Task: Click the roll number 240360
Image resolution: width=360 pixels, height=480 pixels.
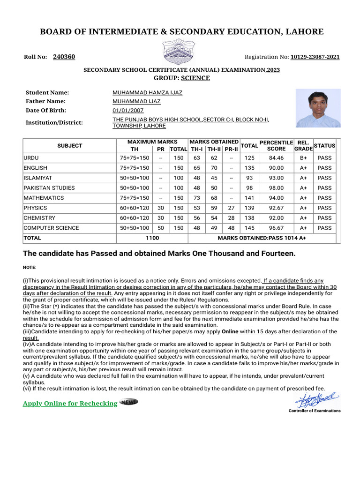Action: click(64, 57)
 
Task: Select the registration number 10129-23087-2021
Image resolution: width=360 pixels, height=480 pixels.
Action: click(315, 57)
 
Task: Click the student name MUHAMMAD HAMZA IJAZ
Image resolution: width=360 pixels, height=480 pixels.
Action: click(147, 93)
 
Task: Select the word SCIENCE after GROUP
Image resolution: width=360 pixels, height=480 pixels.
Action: click(195, 78)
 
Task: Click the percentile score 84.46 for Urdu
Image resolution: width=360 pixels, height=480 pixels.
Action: click(276, 157)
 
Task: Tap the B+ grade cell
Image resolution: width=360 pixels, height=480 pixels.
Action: click(303, 157)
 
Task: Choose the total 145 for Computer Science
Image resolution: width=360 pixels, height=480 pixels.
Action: click(249, 228)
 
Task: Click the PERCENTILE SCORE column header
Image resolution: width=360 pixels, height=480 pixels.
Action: click(276, 145)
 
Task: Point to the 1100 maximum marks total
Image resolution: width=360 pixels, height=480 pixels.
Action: click(152, 238)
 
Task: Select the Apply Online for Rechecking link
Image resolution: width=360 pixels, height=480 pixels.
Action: click(70, 404)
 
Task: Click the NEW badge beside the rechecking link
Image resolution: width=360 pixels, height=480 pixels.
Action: click(129, 402)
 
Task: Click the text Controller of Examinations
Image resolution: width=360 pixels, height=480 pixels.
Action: click(315, 411)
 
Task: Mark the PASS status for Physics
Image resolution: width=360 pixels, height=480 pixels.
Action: click(324, 208)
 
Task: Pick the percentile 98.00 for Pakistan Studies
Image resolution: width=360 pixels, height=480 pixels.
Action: click(276, 188)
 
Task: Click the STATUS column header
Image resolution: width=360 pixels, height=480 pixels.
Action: click(324, 145)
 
